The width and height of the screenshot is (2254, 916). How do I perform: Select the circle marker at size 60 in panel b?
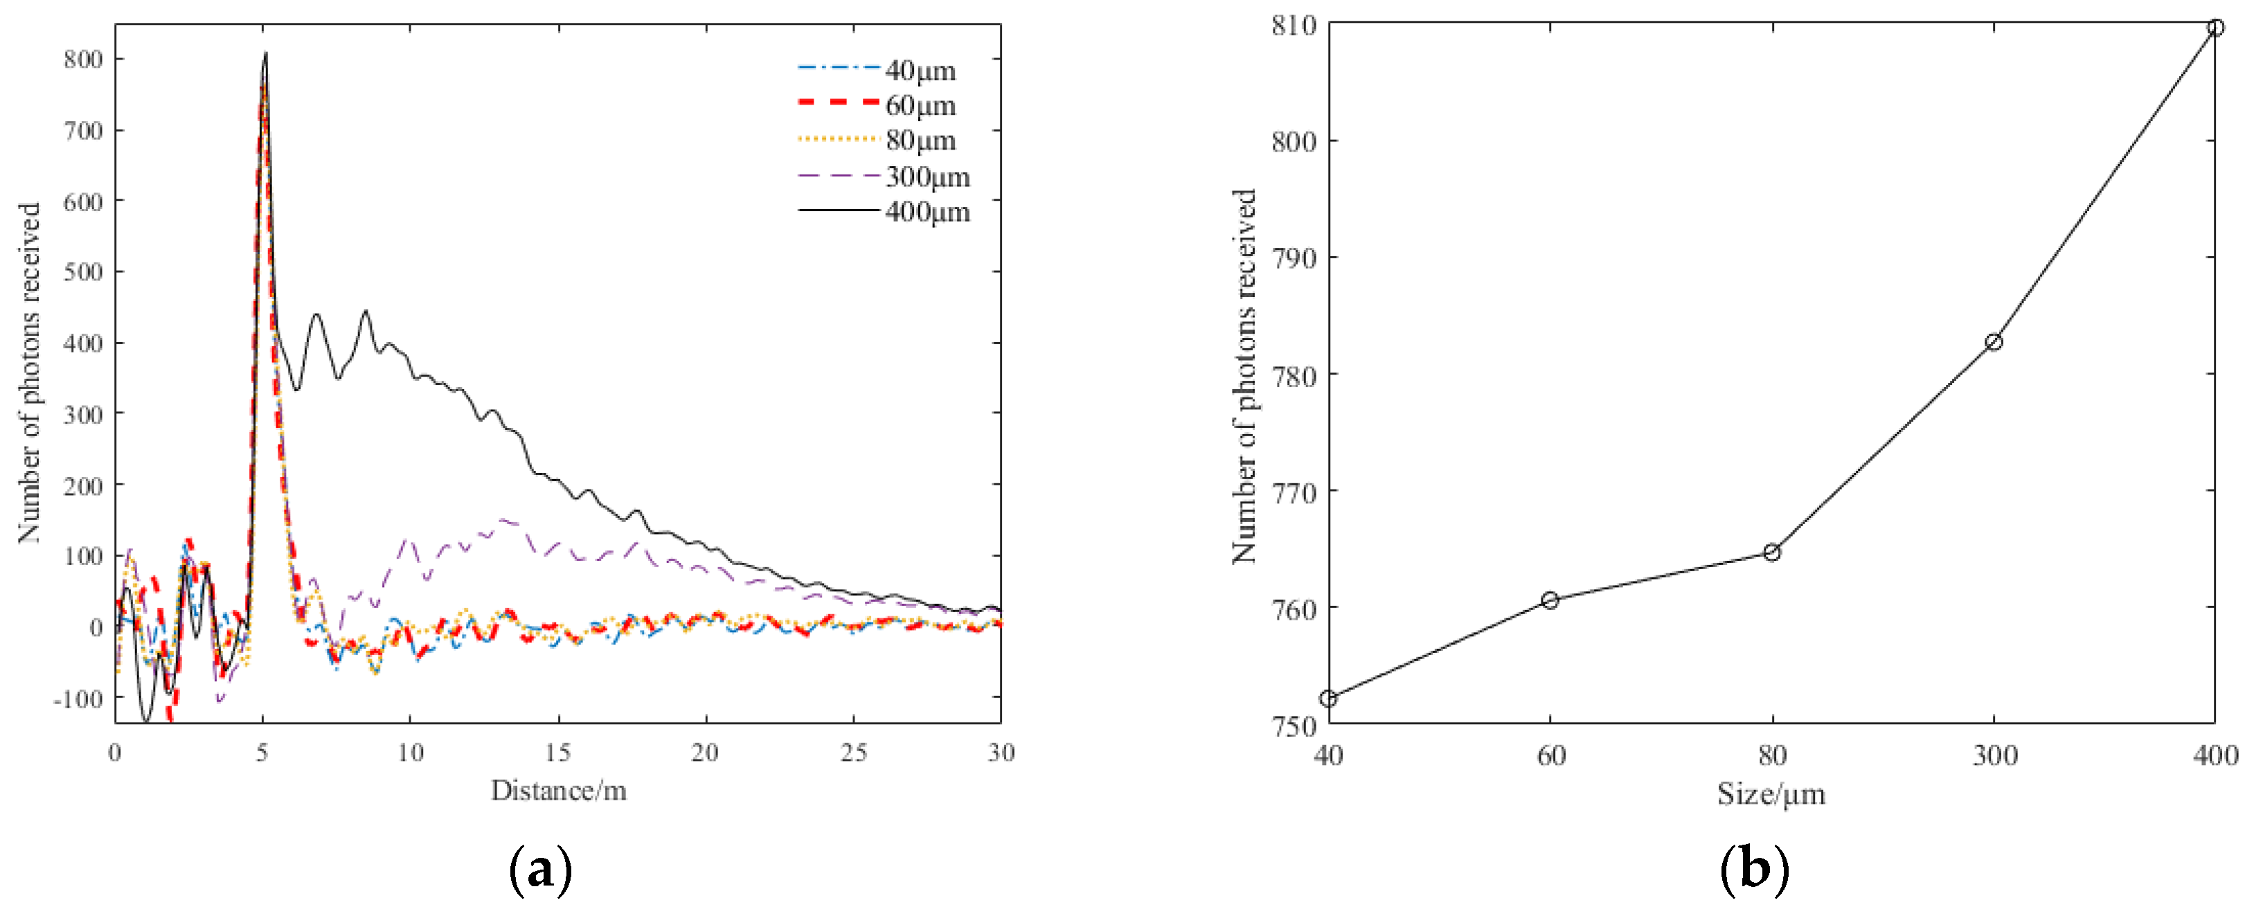click(x=1550, y=600)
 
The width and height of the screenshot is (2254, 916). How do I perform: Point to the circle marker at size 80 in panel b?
click(x=1772, y=552)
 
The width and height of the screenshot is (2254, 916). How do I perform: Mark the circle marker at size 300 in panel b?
click(x=1993, y=342)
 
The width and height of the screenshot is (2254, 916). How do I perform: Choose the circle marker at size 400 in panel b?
click(x=2215, y=27)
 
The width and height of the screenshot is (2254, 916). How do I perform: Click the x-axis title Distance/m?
click(x=558, y=791)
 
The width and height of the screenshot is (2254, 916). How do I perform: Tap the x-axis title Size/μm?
click(x=1771, y=794)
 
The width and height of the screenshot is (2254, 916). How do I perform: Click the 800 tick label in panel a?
click(x=83, y=60)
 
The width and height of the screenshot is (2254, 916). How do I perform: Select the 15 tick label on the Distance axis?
click(x=557, y=753)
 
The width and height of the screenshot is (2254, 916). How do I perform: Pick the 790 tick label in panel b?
click(x=1294, y=259)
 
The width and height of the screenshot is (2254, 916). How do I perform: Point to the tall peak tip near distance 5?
click(x=266, y=54)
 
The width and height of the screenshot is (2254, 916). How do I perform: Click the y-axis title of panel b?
click(x=1244, y=376)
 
